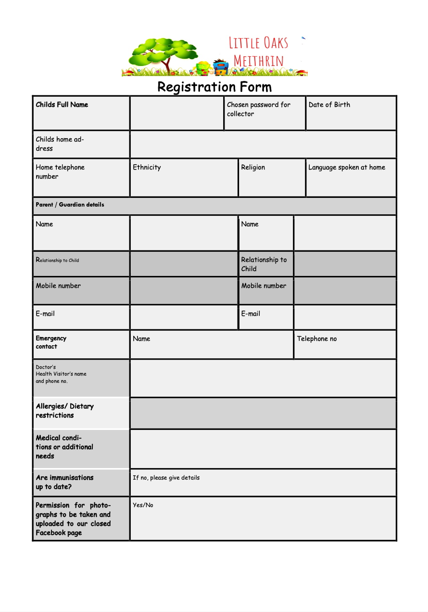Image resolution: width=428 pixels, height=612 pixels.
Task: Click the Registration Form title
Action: (214, 87)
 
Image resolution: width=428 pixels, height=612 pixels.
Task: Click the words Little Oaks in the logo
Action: (258, 43)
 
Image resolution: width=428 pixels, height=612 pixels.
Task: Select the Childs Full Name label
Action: (62, 104)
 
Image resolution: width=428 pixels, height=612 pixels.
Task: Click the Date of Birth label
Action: (329, 104)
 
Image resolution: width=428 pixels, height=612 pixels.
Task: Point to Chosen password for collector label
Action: (259, 109)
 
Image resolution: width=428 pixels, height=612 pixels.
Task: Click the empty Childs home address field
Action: (263, 144)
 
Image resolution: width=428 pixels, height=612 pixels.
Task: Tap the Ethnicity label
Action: (147, 167)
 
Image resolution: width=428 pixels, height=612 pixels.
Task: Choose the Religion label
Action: (253, 167)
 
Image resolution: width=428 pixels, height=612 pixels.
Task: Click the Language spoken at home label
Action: (347, 167)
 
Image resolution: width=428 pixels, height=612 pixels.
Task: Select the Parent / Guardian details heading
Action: (70, 205)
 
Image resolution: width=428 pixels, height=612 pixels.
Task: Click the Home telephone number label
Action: (60, 172)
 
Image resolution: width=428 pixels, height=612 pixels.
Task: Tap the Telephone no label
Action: (317, 339)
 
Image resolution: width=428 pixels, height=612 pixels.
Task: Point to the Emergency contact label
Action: (51, 342)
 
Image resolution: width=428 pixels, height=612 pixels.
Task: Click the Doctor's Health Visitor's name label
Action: (61, 374)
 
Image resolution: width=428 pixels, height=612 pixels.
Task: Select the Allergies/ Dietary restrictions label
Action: (64, 411)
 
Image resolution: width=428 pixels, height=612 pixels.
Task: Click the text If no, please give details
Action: (166, 478)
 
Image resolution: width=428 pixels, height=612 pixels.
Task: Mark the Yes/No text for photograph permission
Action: (143, 505)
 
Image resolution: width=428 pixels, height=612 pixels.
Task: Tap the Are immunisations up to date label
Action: (64, 482)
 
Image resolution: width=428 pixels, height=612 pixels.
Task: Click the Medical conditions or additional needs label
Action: (64, 447)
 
